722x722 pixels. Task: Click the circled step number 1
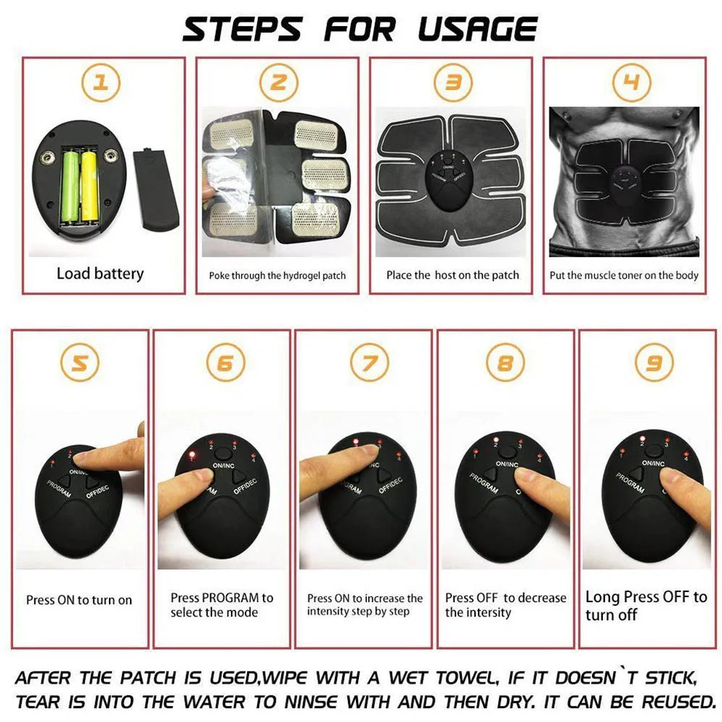103,83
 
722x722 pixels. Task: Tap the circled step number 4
631,83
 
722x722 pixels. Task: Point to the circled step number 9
653,362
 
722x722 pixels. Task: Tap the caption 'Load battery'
100,274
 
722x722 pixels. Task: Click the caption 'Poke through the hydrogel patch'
277,275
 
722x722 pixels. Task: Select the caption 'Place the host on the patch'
452,275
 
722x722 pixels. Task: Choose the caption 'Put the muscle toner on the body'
624,275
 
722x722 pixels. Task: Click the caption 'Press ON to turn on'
79,600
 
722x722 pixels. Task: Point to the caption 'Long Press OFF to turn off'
645,606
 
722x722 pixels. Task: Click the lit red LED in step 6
192,455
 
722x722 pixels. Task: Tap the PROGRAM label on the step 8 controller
484,483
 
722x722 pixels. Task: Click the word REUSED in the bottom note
675,701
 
